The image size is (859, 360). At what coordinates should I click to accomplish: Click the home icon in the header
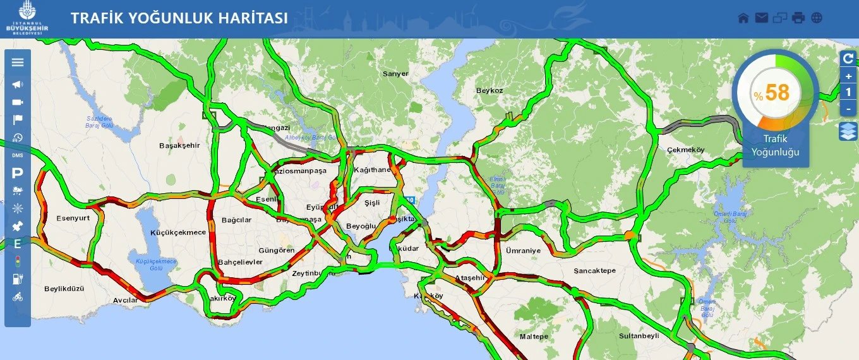coord(743,18)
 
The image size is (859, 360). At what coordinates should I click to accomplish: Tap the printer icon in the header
coord(798,18)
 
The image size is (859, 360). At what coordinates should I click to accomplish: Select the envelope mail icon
coord(762,18)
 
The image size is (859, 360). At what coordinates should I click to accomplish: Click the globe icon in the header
coord(817,18)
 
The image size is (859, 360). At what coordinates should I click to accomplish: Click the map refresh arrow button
coord(848,59)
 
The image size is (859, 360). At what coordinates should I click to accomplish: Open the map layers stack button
coord(848,131)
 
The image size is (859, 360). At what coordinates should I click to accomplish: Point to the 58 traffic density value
coord(777,93)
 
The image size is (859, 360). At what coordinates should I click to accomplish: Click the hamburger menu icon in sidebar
coord(18,62)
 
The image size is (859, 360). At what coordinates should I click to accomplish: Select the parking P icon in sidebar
coord(18,172)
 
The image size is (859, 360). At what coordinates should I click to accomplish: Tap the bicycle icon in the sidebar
coord(18,297)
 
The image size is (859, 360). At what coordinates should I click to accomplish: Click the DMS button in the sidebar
coord(18,155)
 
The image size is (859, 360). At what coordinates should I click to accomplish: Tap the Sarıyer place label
coord(395,74)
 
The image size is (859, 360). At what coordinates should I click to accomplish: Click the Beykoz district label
coord(490,90)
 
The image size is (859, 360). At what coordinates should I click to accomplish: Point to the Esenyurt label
coord(73,217)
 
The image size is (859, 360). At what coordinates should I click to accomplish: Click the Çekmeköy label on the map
coord(685,150)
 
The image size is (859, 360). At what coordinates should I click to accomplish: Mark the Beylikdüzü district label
coord(64,289)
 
